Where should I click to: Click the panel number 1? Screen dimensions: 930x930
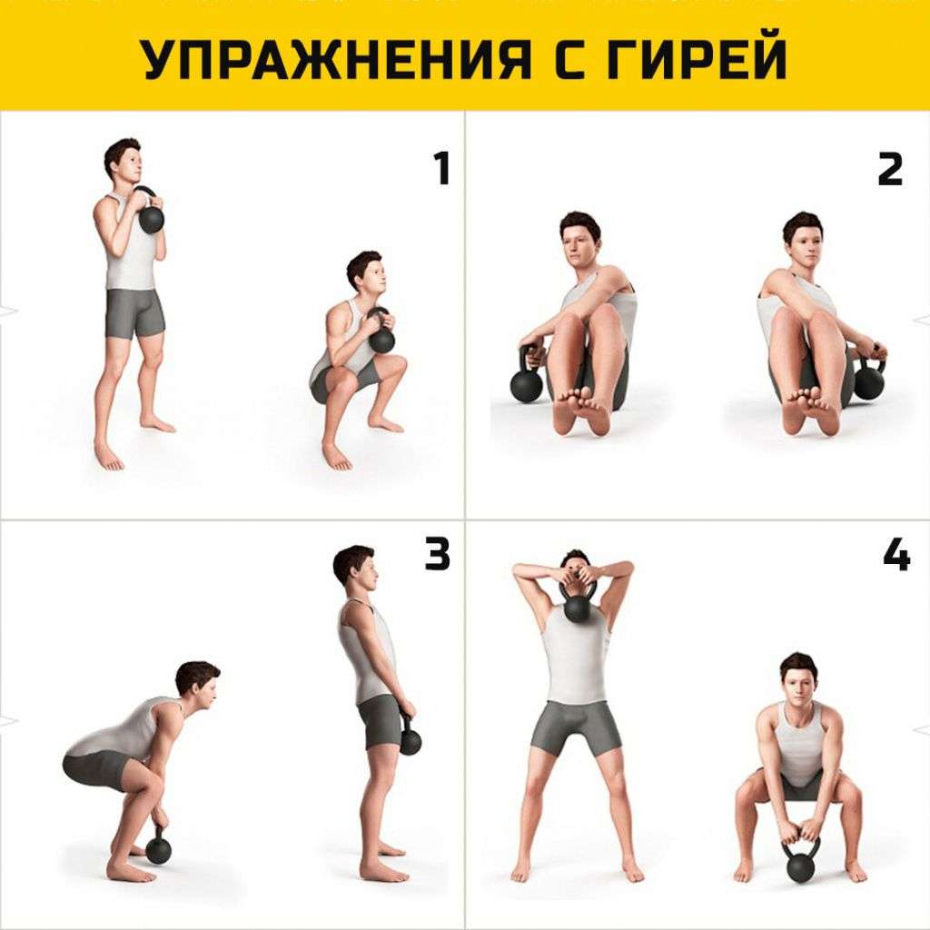[441, 168]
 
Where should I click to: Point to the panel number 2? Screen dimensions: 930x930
[890, 168]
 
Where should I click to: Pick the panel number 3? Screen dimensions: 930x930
[438, 554]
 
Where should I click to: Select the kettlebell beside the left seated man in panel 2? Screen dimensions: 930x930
[526, 379]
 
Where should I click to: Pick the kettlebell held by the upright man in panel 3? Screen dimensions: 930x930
[410, 737]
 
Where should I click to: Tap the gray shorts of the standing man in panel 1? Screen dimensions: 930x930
[134, 313]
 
